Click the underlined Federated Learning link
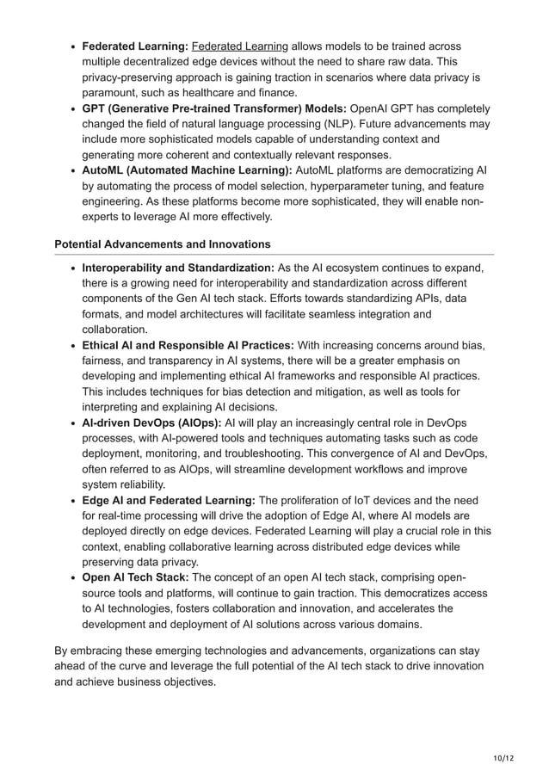click(x=240, y=46)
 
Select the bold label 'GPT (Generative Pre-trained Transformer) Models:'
click(x=213, y=108)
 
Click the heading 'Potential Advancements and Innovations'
click(x=163, y=244)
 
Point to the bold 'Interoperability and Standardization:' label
click(x=178, y=268)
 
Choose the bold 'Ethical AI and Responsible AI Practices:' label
click(x=188, y=345)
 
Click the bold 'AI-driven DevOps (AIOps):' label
click(x=151, y=422)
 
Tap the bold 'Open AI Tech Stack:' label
click(x=135, y=577)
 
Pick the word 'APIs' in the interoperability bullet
click(x=423, y=299)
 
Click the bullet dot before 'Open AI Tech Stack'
click(x=72, y=577)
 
